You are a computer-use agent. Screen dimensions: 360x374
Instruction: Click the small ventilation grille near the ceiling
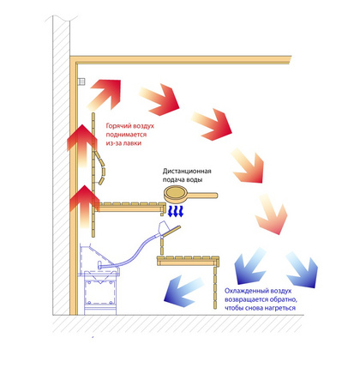(81, 82)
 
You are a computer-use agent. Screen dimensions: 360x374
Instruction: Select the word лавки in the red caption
(133, 143)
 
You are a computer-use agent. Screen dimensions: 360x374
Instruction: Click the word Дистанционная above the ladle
(187, 172)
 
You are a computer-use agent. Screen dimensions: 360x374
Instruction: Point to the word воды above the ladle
(195, 180)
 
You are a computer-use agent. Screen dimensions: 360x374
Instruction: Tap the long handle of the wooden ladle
(203, 196)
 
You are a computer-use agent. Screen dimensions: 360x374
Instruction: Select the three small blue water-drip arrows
(175, 211)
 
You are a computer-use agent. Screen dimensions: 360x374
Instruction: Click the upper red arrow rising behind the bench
(81, 146)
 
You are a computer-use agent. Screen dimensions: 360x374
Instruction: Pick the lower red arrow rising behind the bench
(82, 206)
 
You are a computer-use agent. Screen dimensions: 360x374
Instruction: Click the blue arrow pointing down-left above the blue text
(248, 267)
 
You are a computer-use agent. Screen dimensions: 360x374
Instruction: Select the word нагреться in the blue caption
(280, 308)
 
